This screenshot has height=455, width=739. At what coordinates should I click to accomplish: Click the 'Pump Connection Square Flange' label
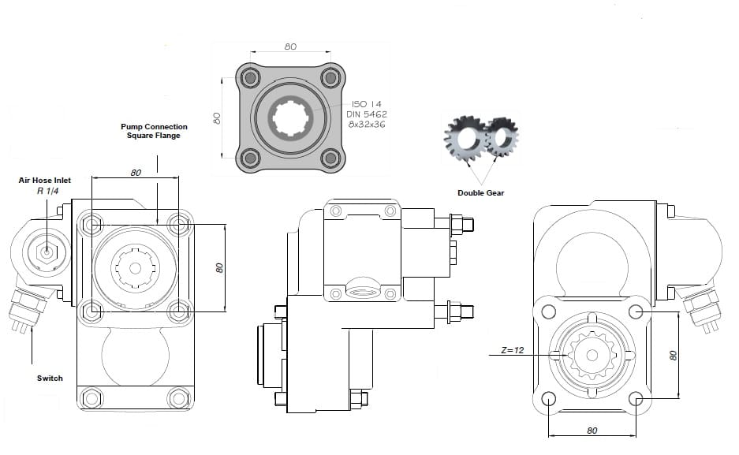(x=154, y=131)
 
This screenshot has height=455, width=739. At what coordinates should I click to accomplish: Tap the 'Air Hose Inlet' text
(x=45, y=181)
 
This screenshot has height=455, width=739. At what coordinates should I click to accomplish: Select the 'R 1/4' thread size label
(x=47, y=191)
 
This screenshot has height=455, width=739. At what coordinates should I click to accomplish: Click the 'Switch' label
(x=50, y=379)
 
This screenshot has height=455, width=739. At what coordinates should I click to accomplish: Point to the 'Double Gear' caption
(x=480, y=193)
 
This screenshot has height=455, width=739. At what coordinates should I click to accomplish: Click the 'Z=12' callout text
(x=513, y=350)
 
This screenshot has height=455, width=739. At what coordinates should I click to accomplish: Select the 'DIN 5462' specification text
(x=367, y=114)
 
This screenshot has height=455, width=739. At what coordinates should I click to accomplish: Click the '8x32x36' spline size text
(x=367, y=125)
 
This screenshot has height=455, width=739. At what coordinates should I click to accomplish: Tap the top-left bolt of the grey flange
(x=252, y=78)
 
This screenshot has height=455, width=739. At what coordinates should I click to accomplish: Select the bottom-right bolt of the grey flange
(x=330, y=158)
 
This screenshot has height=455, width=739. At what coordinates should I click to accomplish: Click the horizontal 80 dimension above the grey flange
(x=290, y=47)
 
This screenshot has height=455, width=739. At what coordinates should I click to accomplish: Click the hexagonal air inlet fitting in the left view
(x=47, y=252)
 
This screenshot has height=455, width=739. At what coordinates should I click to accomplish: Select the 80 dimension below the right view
(x=592, y=431)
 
